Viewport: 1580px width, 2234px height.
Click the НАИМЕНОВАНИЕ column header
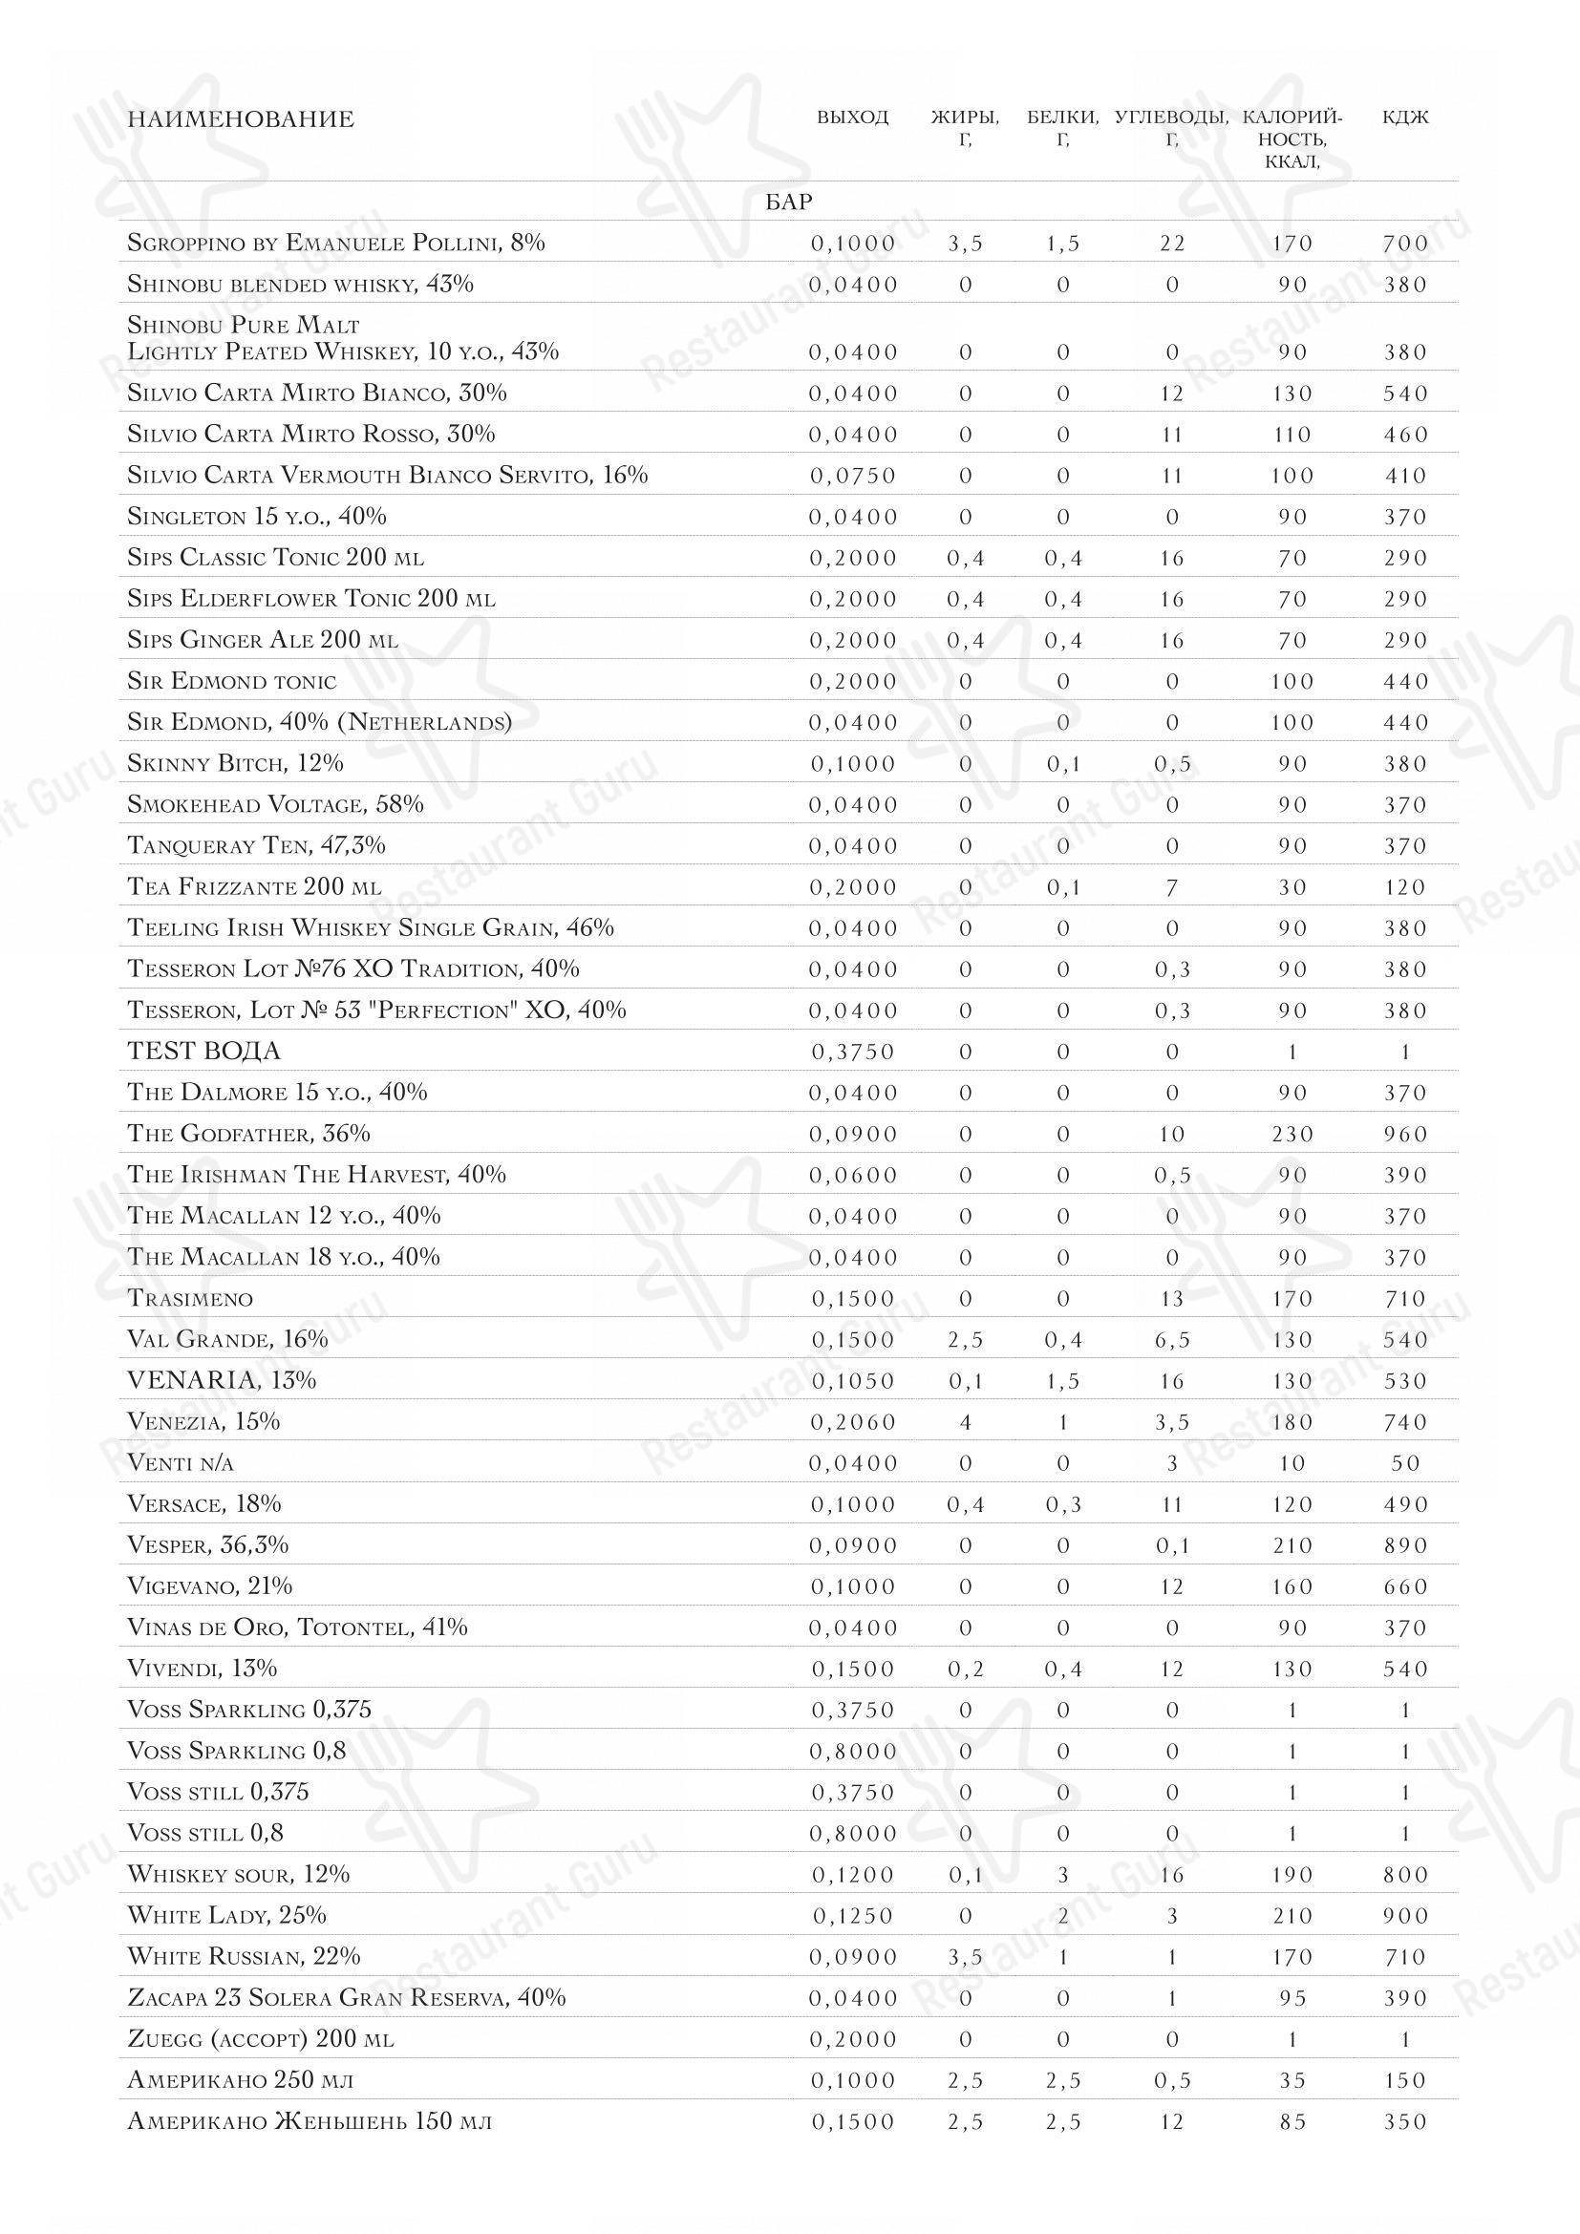241,119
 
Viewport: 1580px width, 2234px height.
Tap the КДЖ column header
1405,118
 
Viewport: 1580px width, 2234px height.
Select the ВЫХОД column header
852,118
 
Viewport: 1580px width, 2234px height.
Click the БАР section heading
789,202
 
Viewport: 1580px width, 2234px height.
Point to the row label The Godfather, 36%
248,1134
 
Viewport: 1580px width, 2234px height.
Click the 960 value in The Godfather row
1405,1135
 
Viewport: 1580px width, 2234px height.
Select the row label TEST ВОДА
203,1052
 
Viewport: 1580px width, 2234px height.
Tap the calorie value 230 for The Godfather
1292,1135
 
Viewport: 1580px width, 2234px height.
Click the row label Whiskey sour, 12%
239,1874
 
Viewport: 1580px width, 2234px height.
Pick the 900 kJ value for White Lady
1405,1916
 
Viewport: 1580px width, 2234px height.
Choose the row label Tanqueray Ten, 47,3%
256,845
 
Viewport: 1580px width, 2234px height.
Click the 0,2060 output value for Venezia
853,1422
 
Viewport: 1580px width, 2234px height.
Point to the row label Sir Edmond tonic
231,681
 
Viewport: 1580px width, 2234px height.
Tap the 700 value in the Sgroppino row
1405,244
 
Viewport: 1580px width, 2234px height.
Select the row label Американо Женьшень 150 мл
310,2121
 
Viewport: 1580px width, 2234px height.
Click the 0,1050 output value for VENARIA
853,1382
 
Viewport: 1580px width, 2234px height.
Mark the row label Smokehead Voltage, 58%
275,804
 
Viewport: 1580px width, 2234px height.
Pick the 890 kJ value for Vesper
1405,1546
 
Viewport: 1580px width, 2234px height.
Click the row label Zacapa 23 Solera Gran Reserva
347,1997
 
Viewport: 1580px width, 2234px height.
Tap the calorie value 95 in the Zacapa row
1292,1998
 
